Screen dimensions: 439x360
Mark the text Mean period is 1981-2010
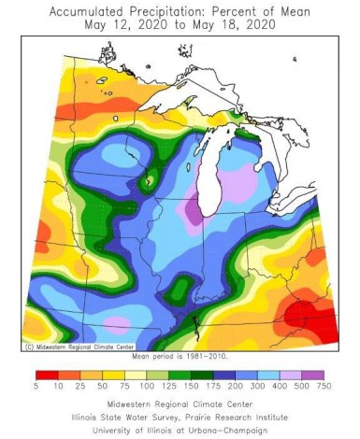coord(180,356)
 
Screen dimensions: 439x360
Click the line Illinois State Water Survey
coord(180,418)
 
